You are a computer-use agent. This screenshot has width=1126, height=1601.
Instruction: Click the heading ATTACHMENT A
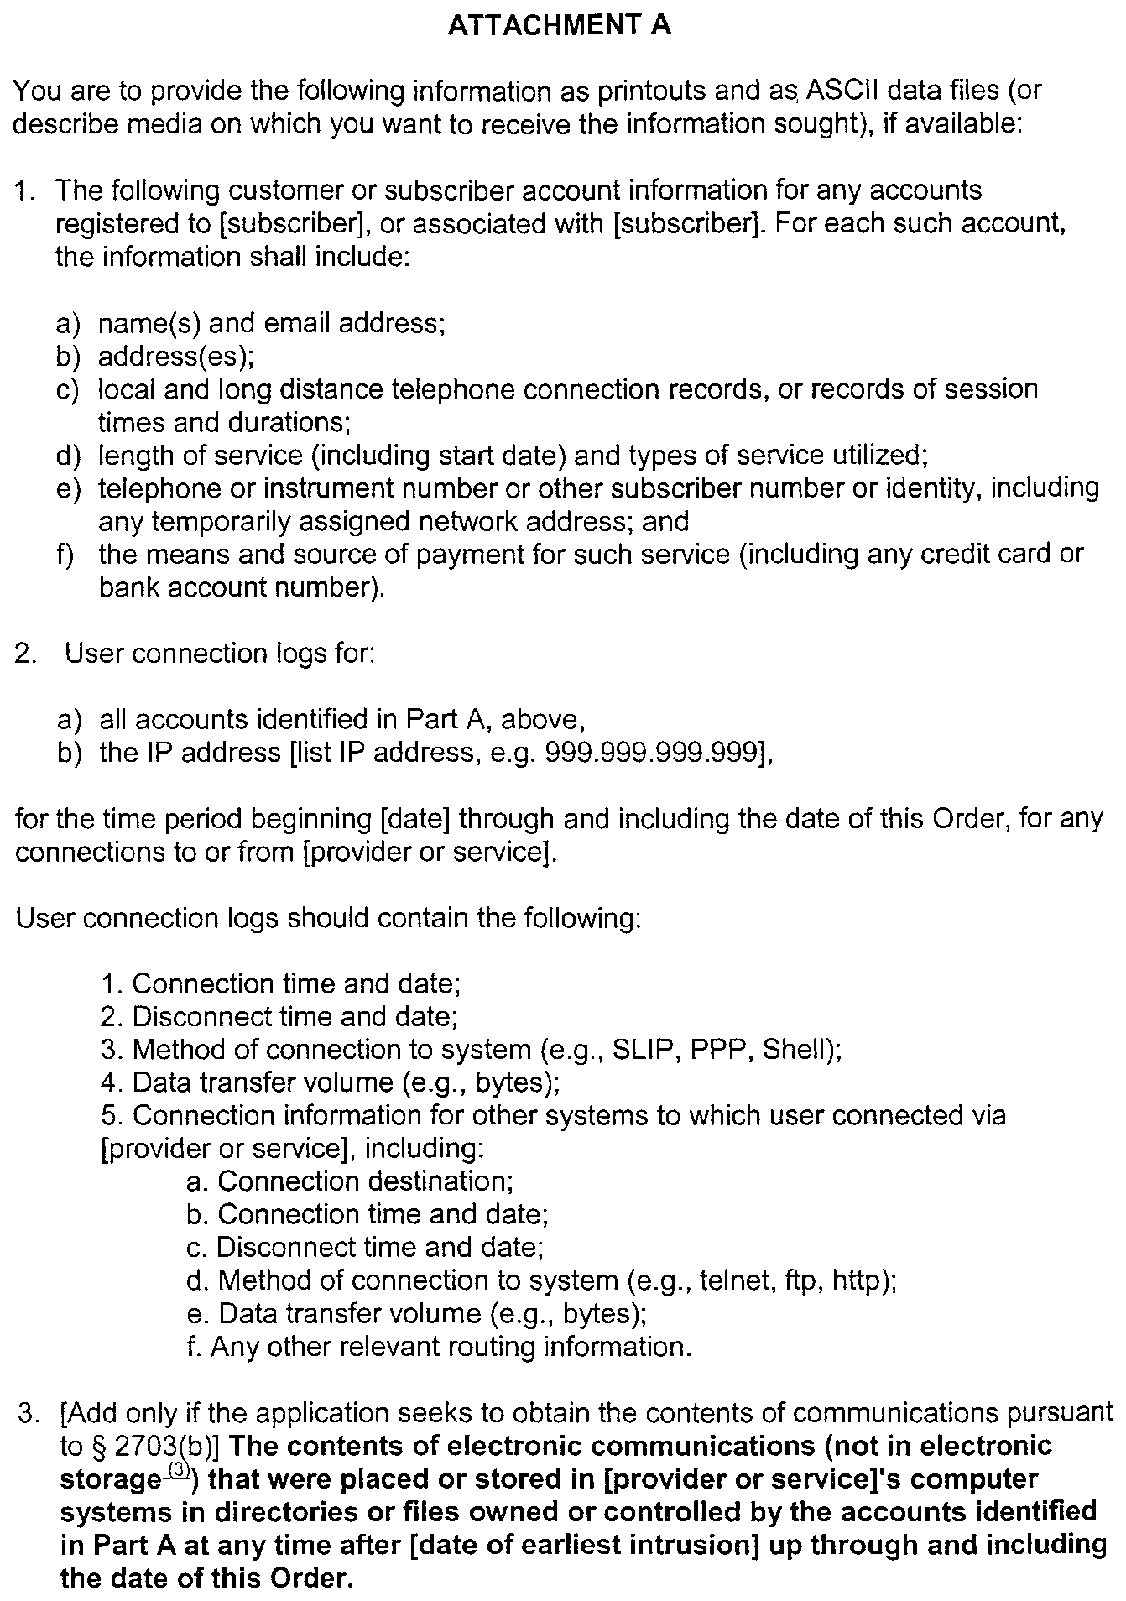click(x=560, y=25)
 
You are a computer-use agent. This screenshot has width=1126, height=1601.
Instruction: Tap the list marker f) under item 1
click(x=66, y=555)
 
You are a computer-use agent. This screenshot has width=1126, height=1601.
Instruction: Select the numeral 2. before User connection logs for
click(x=25, y=654)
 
